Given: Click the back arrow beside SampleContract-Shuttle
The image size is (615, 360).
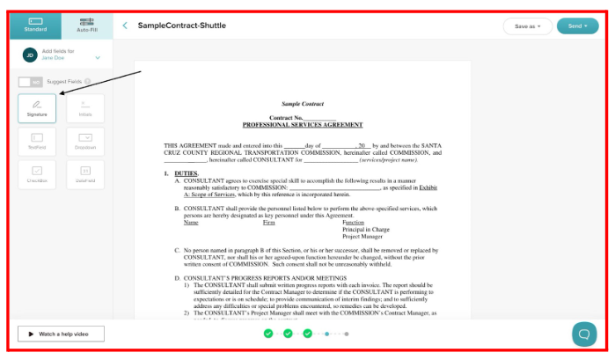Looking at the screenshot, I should click(x=125, y=26).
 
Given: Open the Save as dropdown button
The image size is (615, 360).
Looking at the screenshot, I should click(x=528, y=26).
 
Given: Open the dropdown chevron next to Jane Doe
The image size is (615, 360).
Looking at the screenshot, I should click(x=98, y=58).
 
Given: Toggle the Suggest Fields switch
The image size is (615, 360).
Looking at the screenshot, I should click(x=30, y=81).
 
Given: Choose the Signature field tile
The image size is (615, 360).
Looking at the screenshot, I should click(x=37, y=108).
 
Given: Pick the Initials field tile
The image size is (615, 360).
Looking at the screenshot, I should click(x=85, y=108).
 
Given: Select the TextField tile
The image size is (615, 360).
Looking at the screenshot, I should click(x=37, y=141).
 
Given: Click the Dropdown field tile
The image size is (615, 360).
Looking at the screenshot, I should click(x=85, y=141).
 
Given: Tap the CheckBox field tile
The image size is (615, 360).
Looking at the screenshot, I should click(x=37, y=173).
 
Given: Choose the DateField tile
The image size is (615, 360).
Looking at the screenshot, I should click(x=85, y=173).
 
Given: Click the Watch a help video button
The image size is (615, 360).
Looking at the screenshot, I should click(x=61, y=334).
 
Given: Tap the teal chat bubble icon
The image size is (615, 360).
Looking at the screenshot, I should click(x=583, y=334).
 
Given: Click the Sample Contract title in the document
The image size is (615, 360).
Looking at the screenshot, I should click(x=303, y=104).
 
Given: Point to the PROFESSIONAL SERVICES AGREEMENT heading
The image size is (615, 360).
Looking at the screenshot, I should click(x=303, y=125).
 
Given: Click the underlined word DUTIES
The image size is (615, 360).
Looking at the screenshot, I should click(x=186, y=173).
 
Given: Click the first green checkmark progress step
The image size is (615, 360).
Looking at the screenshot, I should click(x=268, y=334).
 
